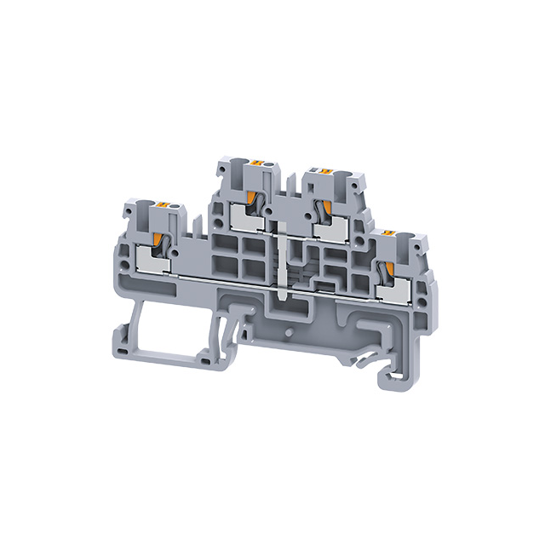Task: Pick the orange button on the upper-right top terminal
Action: click(x=324, y=173)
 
